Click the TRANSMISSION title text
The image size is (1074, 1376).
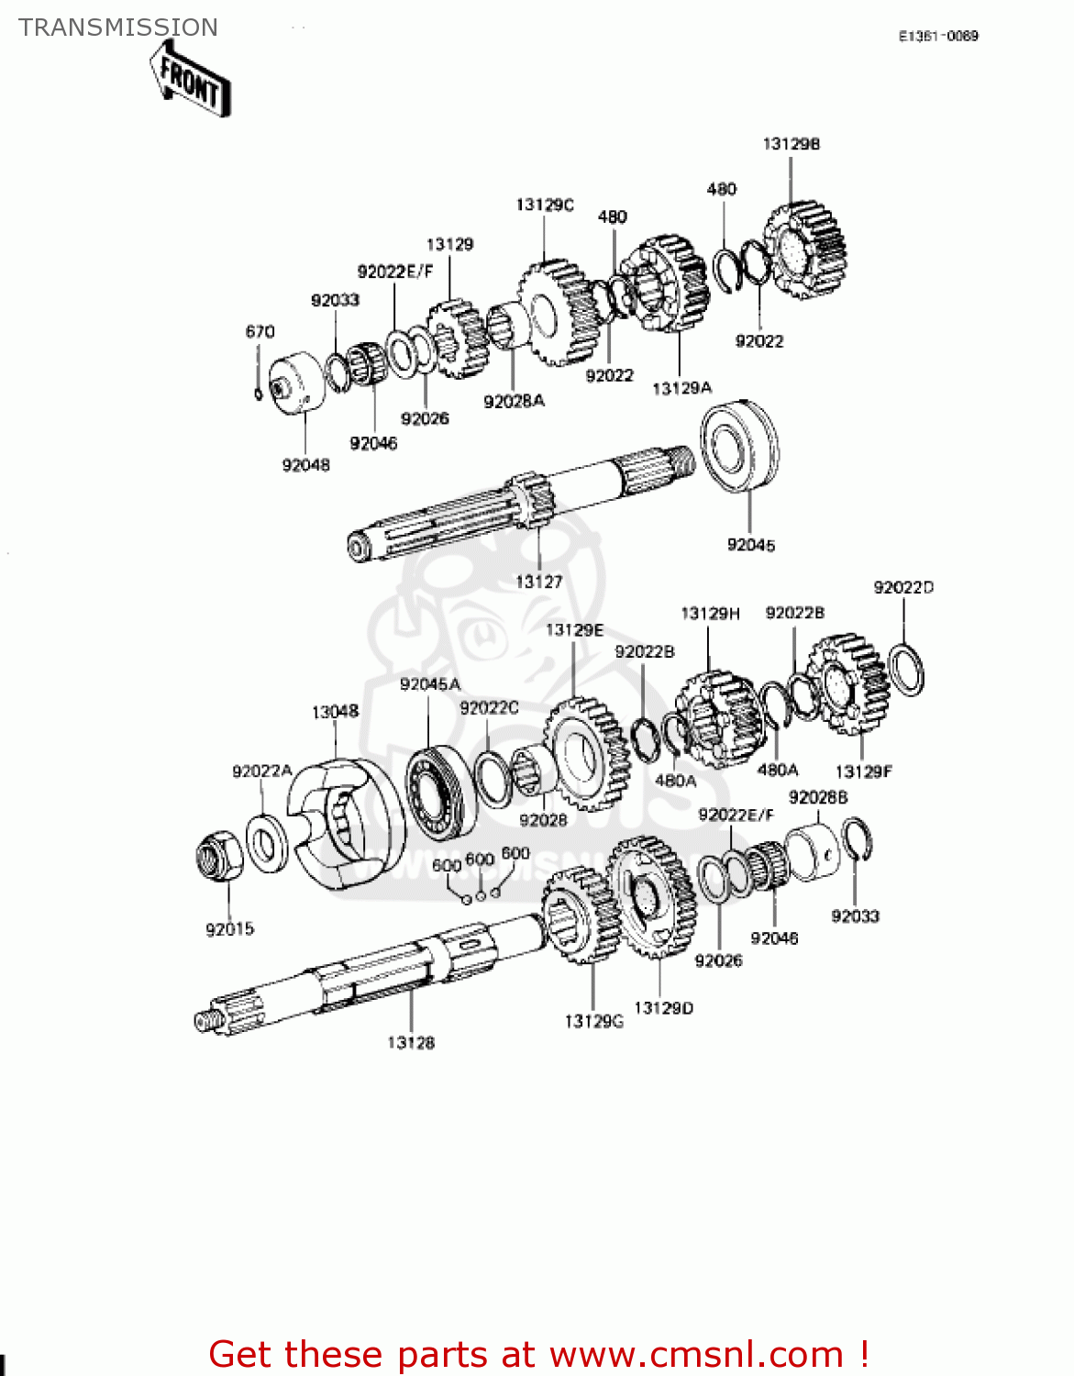(x=118, y=28)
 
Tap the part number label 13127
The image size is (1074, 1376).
(x=538, y=582)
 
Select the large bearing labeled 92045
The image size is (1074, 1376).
(x=739, y=446)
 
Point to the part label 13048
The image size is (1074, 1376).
(x=335, y=712)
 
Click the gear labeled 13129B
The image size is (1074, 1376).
(x=805, y=249)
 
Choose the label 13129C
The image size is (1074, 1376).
(x=544, y=205)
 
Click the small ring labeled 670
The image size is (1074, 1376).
(x=259, y=394)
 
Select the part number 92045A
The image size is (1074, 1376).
(x=429, y=684)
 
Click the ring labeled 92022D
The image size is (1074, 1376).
(x=906, y=670)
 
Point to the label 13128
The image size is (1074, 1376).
(x=410, y=1042)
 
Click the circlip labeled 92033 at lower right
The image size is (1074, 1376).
(x=857, y=839)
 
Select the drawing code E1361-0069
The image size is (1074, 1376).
(x=937, y=36)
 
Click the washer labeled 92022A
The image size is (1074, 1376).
(x=267, y=842)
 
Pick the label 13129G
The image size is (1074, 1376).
(x=593, y=1021)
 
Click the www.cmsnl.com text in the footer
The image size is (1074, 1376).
(x=695, y=1354)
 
